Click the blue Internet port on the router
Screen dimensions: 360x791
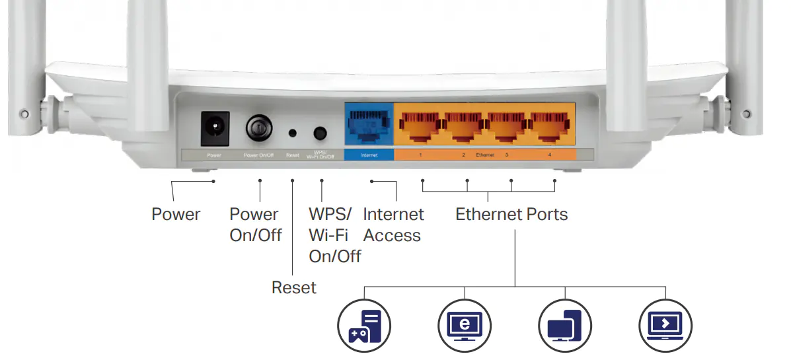click(368, 126)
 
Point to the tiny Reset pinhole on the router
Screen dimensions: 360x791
click(292, 133)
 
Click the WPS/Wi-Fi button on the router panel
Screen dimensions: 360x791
click(320, 133)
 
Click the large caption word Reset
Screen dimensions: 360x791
click(294, 288)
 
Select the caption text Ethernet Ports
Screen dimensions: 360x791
click(511, 215)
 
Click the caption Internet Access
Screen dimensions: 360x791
click(393, 225)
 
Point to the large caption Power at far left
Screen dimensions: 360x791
click(176, 215)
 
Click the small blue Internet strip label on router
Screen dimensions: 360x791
click(369, 156)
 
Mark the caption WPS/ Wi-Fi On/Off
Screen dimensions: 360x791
click(334, 235)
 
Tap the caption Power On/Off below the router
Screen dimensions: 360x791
click(255, 225)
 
